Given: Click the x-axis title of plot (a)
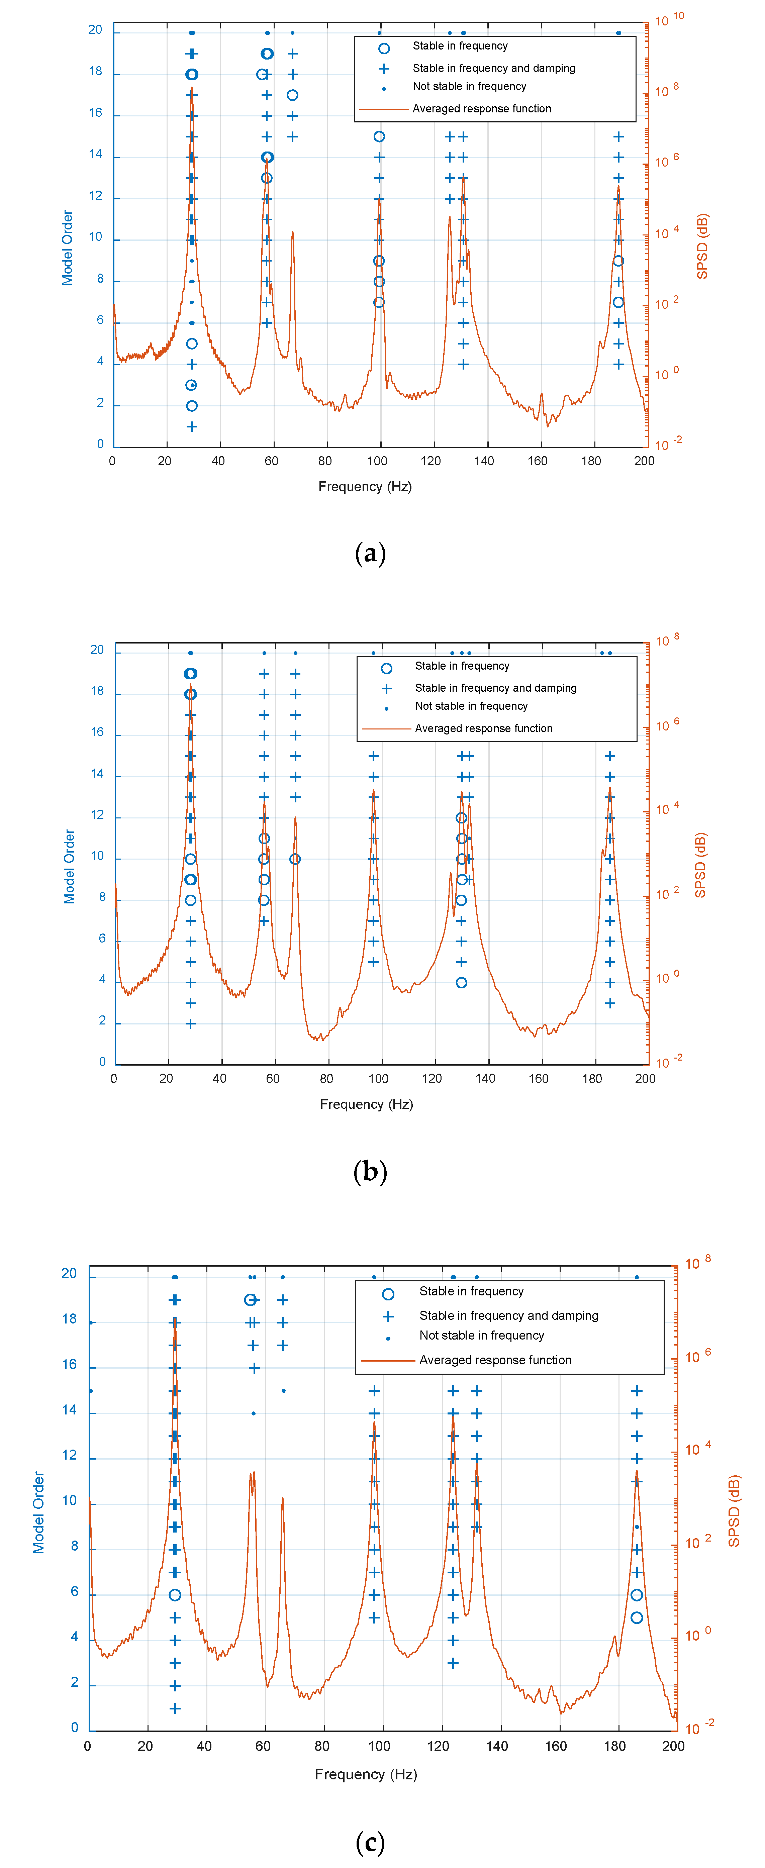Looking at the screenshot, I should coord(365,487).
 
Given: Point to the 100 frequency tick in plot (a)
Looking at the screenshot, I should coord(377,461).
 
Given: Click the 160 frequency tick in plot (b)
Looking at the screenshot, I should coord(538,1079).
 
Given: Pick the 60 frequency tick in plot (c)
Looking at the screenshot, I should coord(263,1746).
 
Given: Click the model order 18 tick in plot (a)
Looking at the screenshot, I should coord(96,72).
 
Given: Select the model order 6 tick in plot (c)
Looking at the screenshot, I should coord(75,1592).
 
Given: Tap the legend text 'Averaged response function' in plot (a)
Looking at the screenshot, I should coord(481,109).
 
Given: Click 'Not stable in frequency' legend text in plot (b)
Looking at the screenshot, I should coord(471,706).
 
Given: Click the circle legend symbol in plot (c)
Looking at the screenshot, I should coord(388,1294).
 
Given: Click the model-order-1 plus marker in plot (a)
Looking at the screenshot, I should coord(191,426).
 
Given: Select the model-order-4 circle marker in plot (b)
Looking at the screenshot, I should coord(461,983).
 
